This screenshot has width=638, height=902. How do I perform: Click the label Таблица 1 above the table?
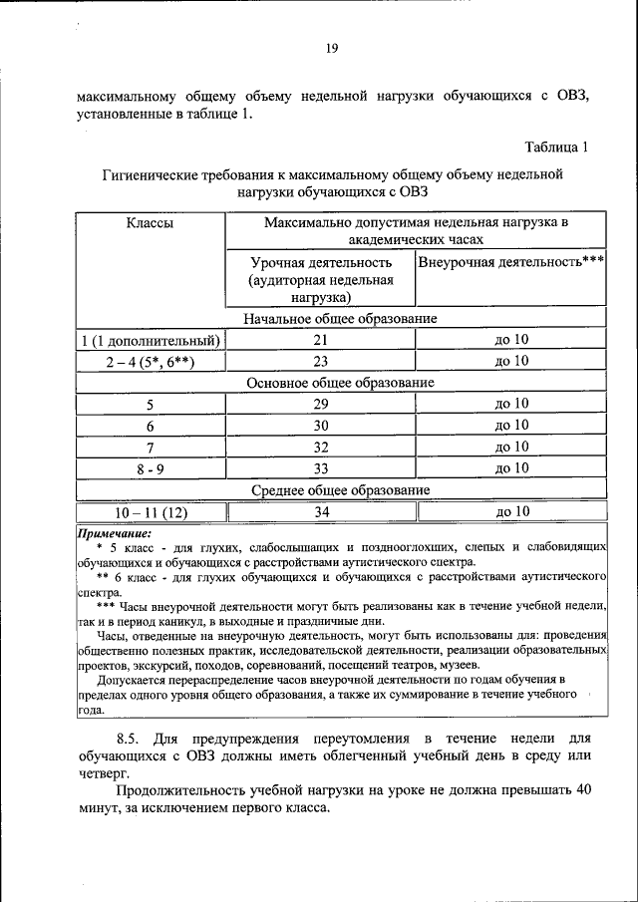[556, 148]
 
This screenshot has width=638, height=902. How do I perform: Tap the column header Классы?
[150, 223]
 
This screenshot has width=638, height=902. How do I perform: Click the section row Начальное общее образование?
[341, 318]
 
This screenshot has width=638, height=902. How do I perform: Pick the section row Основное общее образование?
[341, 382]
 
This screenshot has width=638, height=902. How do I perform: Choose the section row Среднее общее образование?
[341, 490]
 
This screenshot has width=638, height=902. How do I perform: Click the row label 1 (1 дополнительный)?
[151, 340]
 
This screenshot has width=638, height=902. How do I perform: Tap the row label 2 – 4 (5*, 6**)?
[151, 361]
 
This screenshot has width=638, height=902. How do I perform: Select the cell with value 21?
[321, 340]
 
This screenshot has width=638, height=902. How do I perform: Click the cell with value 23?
[321, 361]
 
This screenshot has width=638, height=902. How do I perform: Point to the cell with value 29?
[321, 404]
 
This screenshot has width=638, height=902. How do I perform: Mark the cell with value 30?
[321, 426]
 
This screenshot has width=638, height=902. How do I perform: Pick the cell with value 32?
[321, 447]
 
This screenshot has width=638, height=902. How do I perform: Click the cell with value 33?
[321, 467]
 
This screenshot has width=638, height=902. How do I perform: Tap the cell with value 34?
[321, 511]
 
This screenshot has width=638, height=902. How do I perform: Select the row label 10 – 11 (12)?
[151, 511]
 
